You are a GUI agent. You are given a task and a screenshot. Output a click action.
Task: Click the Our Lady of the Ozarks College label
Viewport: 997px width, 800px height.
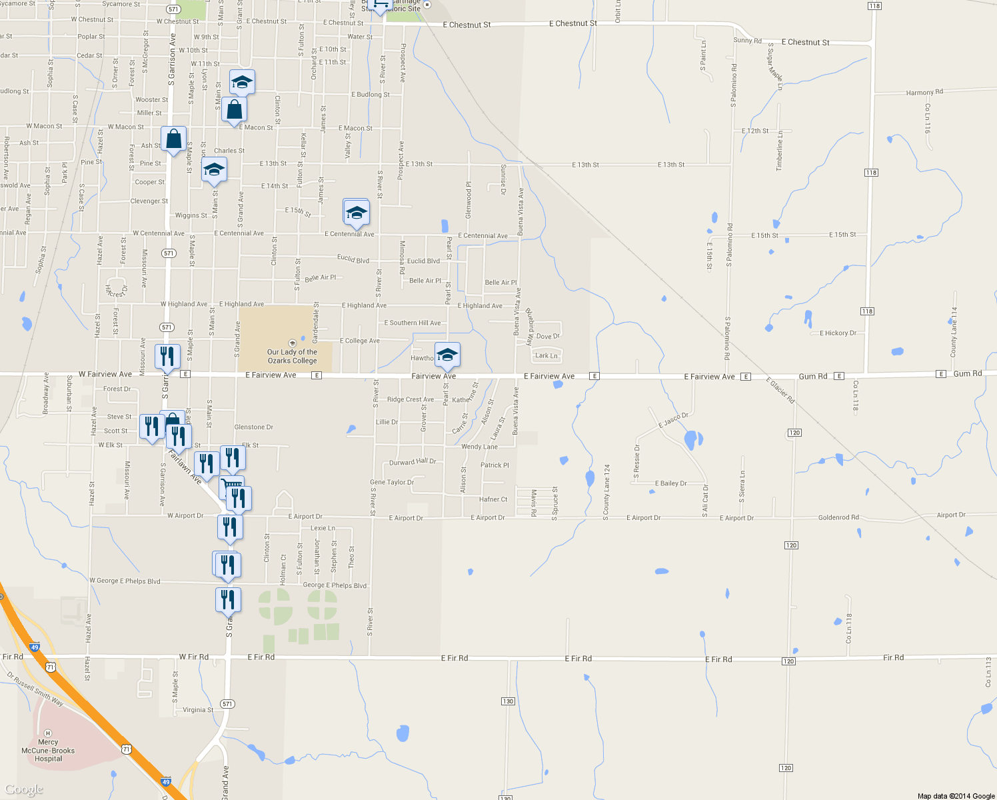pos(292,356)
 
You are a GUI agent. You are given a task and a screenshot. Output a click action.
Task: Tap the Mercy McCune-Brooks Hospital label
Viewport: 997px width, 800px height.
pos(48,750)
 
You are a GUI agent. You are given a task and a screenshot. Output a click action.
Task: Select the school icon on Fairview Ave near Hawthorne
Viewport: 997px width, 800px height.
pos(447,355)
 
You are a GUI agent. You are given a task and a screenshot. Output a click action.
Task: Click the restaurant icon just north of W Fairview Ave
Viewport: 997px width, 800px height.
pos(167,356)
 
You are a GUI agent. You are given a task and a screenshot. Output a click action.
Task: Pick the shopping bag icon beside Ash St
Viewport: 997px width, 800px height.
pos(173,139)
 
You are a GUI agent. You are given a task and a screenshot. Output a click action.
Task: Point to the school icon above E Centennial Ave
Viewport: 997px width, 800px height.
pos(356,213)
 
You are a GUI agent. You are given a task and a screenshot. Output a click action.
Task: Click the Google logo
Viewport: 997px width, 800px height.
pos(24,789)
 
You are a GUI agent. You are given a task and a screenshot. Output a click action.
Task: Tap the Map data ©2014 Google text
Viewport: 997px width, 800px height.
pos(956,796)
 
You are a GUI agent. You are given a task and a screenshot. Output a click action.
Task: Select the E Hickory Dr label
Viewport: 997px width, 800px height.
pos(838,333)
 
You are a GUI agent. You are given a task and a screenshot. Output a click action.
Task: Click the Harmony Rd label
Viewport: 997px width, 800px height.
pos(924,92)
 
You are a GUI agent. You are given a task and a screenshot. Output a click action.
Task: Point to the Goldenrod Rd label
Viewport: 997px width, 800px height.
pos(838,517)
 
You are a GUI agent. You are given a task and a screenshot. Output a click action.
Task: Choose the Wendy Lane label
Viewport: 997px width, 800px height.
pos(479,447)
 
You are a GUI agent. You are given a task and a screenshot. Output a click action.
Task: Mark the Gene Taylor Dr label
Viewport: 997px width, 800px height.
pos(392,482)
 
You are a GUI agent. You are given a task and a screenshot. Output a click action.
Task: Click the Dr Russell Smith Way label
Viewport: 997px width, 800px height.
pos(35,689)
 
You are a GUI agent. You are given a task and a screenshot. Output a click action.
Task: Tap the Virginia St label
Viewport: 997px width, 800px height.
pos(198,710)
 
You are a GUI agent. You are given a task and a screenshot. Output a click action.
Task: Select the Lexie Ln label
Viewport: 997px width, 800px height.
pos(323,528)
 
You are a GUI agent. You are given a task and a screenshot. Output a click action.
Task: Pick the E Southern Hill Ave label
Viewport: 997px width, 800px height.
pos(413,323)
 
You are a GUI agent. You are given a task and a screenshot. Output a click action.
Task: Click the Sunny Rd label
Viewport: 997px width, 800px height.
pos(747,41)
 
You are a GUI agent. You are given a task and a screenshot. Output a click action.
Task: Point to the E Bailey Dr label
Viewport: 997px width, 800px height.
pos(670,483)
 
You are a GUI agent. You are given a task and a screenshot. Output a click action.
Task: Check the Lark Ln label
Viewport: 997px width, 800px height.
pos(546,355)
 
